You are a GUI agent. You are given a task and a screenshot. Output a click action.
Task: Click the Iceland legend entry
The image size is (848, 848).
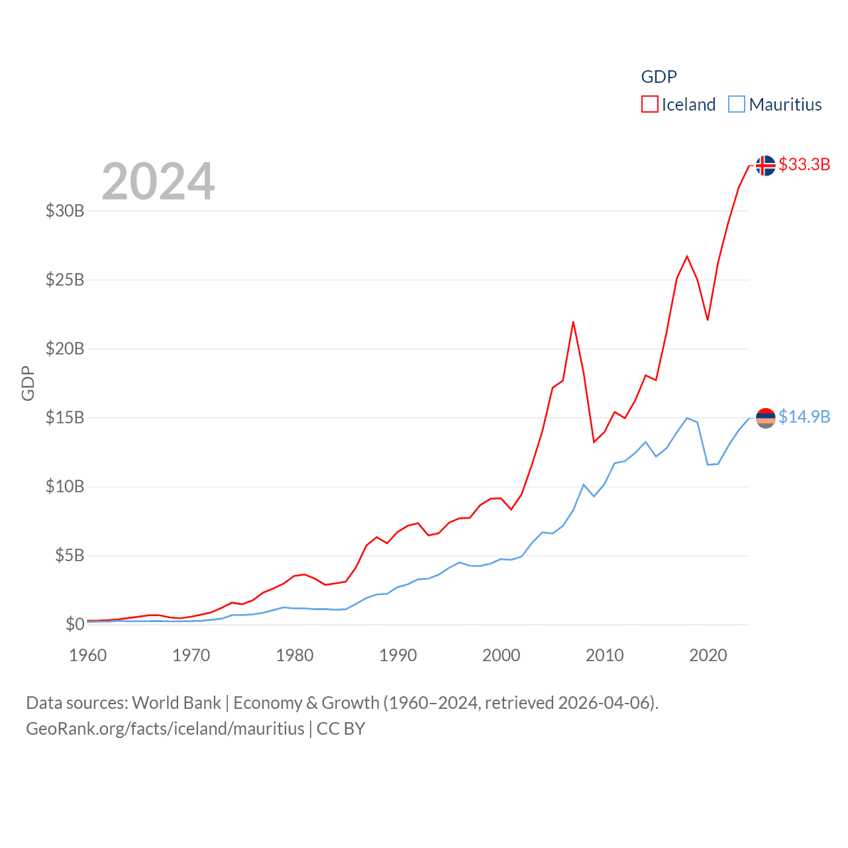click(679, 105)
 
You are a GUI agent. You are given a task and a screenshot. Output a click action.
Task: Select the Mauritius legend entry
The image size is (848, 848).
click(775, 105)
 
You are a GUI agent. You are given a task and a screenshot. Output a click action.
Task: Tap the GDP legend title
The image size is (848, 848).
click(659, 77)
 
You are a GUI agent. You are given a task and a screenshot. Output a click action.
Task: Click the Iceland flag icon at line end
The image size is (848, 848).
click(765, 165)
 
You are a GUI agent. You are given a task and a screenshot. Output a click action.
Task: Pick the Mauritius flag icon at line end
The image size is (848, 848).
click(765, 418)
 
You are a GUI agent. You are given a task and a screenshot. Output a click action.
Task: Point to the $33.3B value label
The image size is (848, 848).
click(804, 164)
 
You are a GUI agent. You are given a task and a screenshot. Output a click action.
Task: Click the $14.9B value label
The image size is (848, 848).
click(804, 417)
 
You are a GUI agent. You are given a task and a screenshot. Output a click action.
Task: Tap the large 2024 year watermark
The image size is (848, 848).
click(158, 181)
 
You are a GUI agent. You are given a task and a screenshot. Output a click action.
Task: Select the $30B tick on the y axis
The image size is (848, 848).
click(65, 211)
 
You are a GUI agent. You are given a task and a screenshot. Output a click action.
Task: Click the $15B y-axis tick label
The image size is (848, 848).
click(65, 417)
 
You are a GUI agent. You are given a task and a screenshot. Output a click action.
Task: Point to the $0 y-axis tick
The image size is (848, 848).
click(75, 624)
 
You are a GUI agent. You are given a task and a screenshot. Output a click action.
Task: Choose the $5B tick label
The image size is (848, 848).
click(70, 555)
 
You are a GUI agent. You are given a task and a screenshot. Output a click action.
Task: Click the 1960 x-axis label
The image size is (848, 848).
click(88, 655)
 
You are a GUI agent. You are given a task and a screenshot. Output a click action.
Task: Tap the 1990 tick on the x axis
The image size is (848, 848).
click(398, 655)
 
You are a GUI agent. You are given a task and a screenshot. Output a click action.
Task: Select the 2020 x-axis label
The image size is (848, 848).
click(708, 655)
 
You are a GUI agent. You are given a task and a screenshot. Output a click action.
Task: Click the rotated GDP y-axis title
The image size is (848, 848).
click(28, 383)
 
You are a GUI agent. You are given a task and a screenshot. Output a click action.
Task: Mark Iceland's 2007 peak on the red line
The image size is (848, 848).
click(573, 323)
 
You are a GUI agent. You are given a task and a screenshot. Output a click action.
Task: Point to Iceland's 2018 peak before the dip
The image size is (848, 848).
click(687, 256)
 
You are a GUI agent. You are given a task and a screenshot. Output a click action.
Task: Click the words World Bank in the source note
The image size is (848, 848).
click(176, 702)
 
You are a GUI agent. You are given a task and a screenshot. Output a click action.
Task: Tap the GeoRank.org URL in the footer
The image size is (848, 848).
click(165, 729)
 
